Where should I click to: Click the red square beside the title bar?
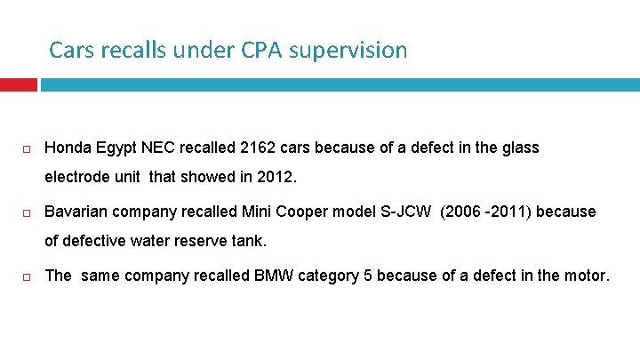click(x=19, y=84)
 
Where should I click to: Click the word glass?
click(x=519, y=148)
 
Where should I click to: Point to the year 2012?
click(x=274, y=176)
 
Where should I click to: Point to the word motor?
click(x=585, y=276)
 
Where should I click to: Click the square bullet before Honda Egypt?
click(x=28, y=148)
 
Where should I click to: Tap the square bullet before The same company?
click(x=28, y=276)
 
